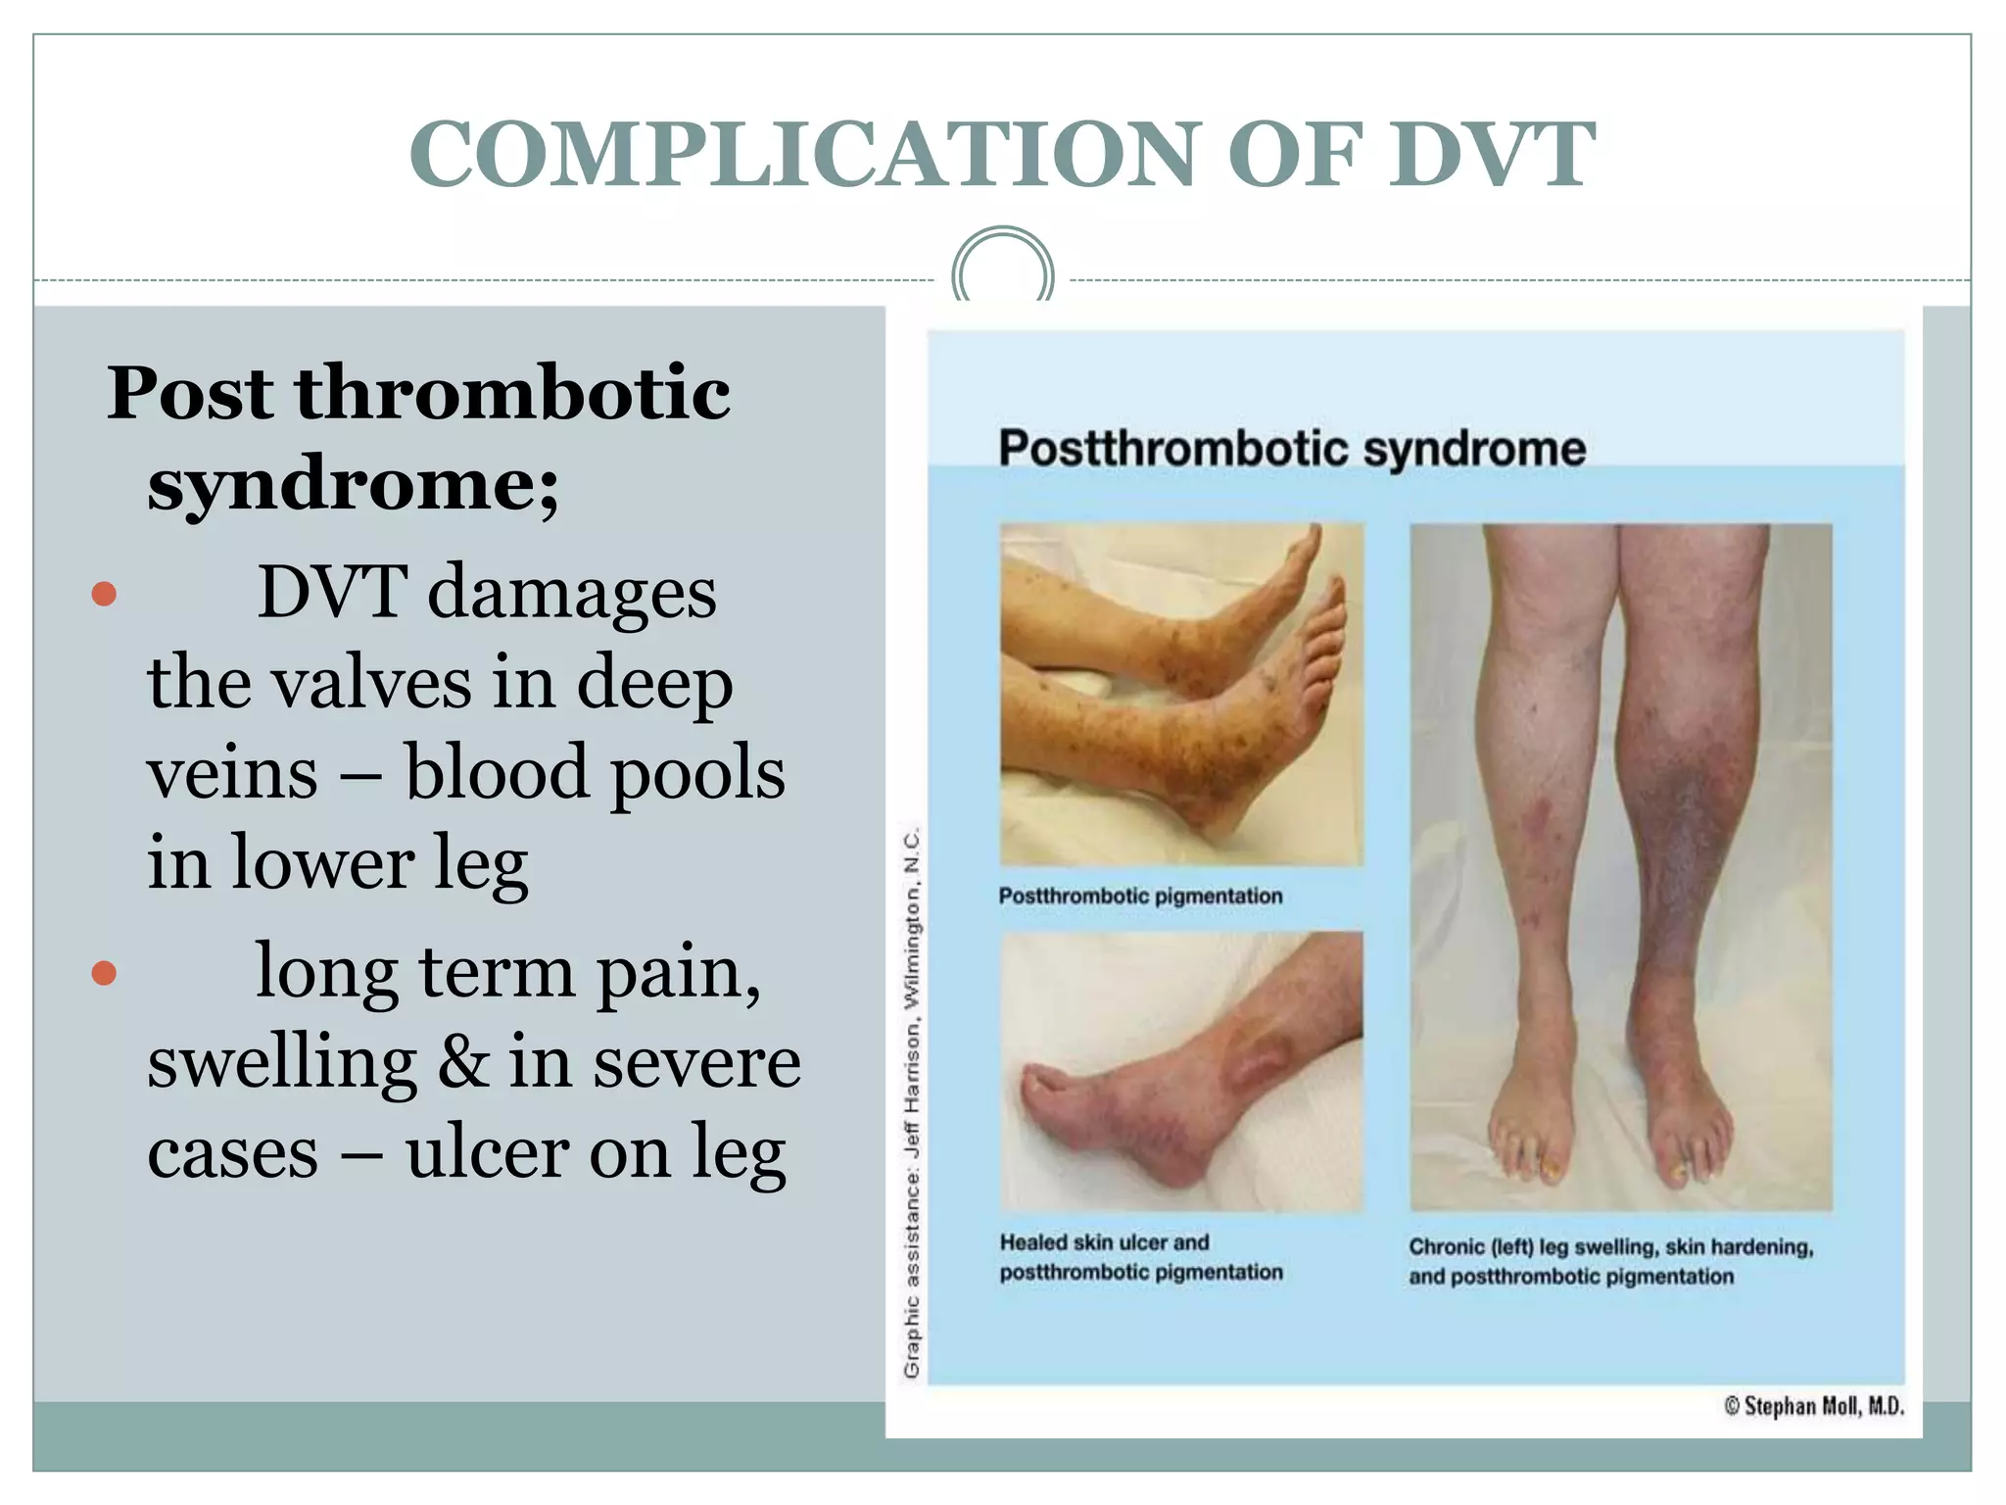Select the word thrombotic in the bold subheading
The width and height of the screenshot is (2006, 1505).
512,392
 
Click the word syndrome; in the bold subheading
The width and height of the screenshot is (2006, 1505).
353,485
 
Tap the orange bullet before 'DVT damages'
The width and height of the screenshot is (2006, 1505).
104,594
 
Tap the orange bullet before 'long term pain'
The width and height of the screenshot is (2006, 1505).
104,973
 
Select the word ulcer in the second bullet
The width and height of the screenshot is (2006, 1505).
487,1152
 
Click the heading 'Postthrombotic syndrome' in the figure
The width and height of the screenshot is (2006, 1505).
1291,449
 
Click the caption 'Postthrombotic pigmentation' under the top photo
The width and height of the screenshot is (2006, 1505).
1140,896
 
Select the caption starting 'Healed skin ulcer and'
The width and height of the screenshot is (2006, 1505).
1140,1257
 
